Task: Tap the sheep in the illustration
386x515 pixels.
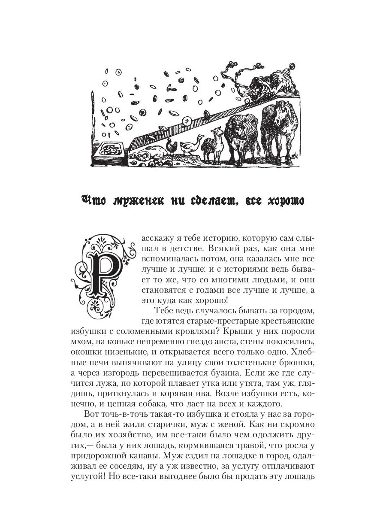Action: [213, 144]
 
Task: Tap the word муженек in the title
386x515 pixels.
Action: [137, 201]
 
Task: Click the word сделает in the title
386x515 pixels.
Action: [207, 201]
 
